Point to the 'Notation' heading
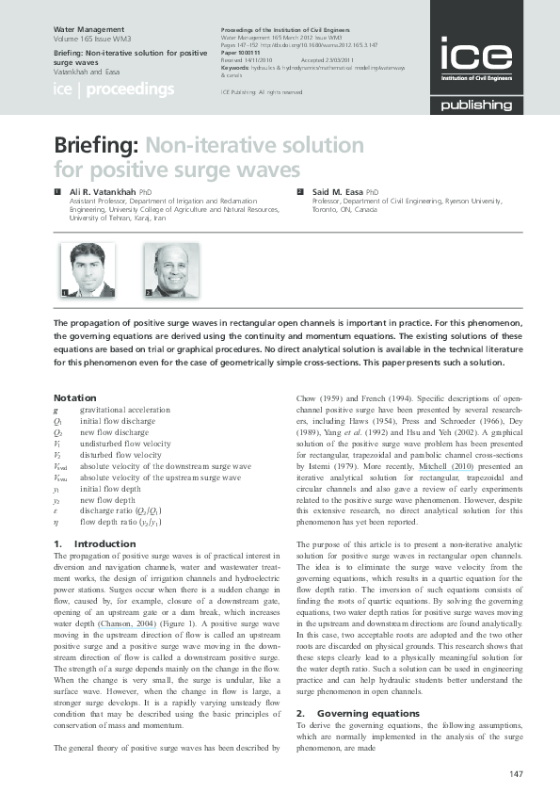coord(74,398)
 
